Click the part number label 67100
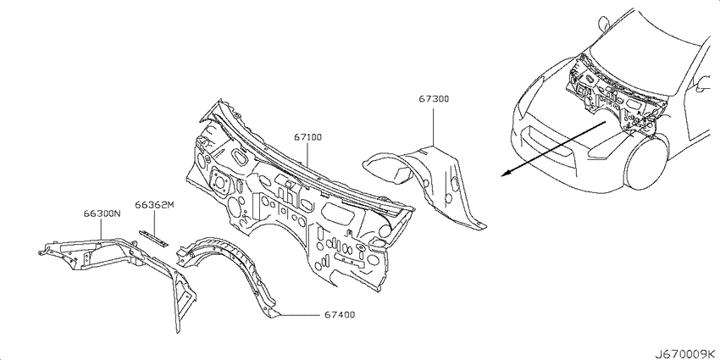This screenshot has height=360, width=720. (307, 137)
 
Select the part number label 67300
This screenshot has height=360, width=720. (434, 99)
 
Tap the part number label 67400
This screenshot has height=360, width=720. (340, 315)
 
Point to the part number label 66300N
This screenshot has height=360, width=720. (102, 213)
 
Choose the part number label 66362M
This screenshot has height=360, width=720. (155, 205)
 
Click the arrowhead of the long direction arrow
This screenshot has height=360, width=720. (504, 173)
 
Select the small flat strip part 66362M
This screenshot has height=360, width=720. (154, 239)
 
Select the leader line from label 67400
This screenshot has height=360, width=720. (298, 315)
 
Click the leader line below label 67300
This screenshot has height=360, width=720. (434, 125)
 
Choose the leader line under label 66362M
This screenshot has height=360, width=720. (154, 223)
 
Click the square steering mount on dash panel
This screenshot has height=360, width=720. (219, 180)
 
